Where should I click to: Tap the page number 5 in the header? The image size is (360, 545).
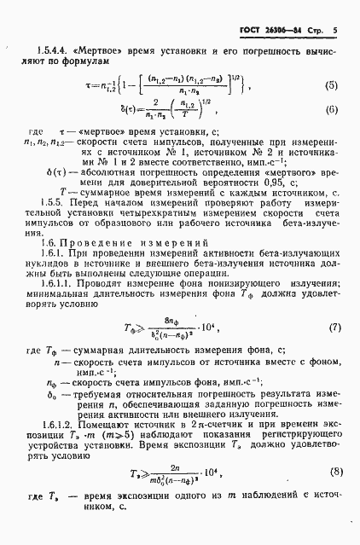335,31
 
